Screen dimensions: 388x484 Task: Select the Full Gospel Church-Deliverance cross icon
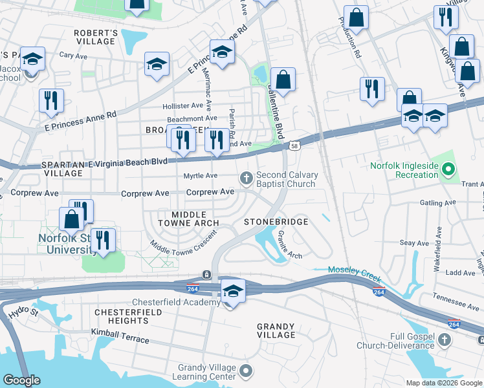[444, 339]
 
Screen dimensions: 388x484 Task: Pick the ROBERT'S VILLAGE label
[95, 37]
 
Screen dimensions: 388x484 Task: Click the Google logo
[22, 380]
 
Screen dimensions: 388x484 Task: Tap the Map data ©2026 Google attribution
[443, 383]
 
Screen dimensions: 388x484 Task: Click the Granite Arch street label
[289, 246]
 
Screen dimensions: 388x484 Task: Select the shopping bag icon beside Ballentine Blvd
[283, 80]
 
